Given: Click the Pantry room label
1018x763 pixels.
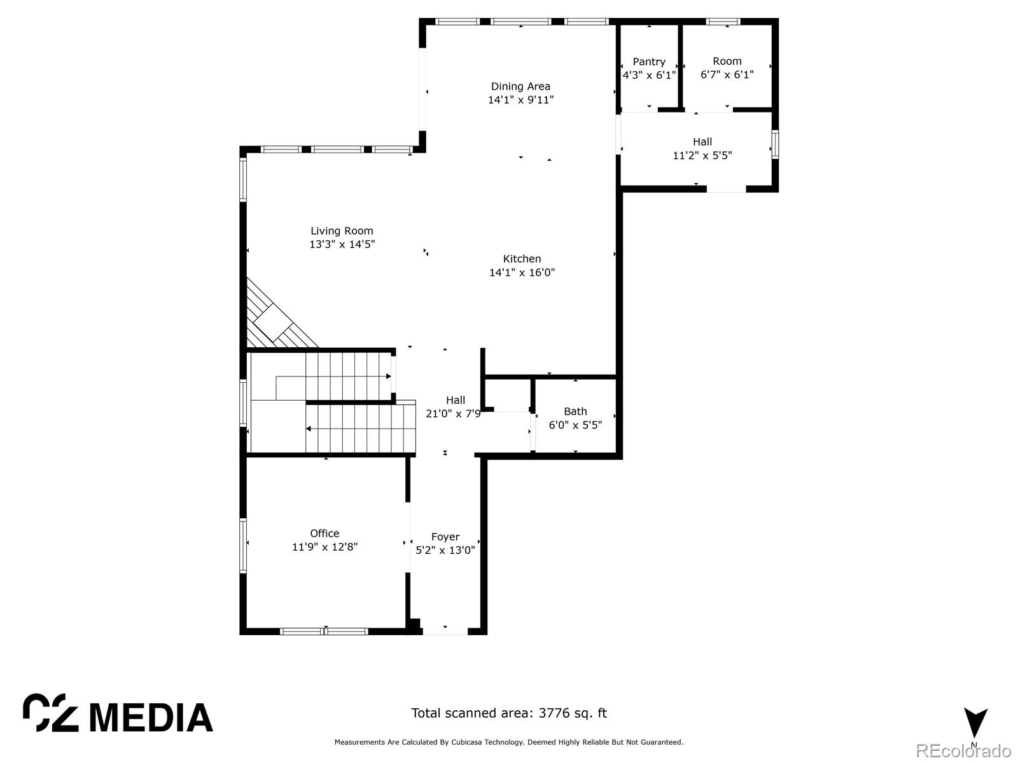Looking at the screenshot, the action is (x=649, y=62).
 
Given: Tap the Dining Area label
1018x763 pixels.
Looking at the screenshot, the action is (x=520, y=86).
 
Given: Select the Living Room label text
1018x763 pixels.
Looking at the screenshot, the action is (x=342, y=231).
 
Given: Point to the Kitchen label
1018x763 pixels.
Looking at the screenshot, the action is (x=522, y=259).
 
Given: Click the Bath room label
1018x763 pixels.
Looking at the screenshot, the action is (x=575, y=411).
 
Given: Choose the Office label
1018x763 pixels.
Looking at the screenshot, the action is (x=324, y=533).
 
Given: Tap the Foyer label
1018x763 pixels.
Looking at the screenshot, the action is (x=445, y=537).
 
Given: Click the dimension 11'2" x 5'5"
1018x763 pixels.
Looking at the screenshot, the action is (x=702, y=155).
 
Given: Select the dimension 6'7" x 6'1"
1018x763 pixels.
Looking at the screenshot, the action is (x=727, y=74).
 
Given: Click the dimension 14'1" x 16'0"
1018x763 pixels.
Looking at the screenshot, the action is (x=522, y=272).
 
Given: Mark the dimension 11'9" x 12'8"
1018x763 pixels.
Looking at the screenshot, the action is (x=324, y=547).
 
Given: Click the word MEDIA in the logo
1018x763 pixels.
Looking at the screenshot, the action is (x=151, y=718).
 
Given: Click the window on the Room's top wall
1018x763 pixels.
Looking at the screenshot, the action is (x=723, y=22).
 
